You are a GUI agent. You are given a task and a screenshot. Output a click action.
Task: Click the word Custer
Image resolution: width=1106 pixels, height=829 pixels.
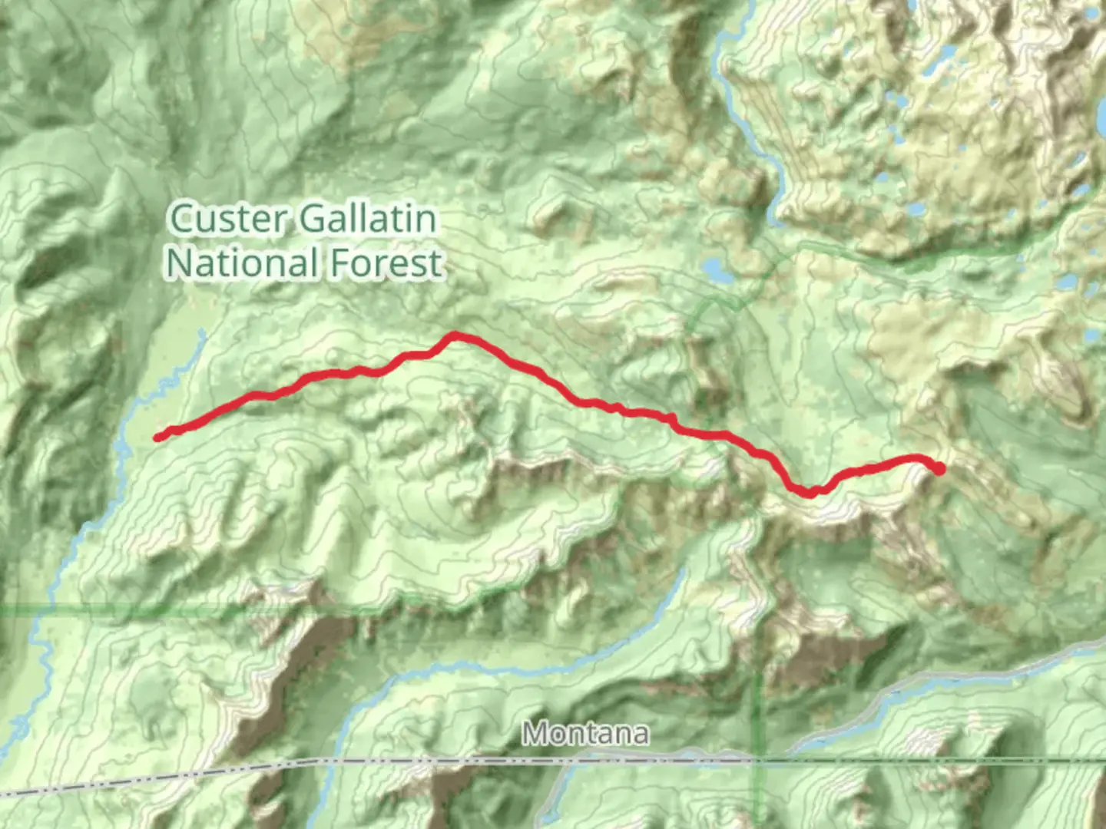[x=228, y=219]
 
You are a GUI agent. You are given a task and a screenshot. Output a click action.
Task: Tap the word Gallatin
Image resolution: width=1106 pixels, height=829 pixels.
[x=368, y=219]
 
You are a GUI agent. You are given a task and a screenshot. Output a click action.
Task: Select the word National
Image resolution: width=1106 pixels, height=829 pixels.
[x=242, y=263]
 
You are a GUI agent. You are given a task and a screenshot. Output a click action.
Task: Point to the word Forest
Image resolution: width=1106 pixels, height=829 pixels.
[x=387, y=263]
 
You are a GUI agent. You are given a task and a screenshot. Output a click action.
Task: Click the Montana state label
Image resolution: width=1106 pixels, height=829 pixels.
[x=585, y=734]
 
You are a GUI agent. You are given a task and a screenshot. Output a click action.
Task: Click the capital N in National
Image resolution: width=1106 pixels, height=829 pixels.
[x=180, y=263]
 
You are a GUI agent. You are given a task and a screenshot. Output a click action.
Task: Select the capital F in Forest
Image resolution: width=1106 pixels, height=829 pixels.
[x=339, y=263]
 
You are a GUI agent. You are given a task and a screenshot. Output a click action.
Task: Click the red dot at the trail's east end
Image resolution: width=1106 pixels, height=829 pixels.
[x=938, y=468]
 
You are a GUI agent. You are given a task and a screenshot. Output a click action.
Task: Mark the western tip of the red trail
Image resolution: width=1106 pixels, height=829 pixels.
[x=157, y=438]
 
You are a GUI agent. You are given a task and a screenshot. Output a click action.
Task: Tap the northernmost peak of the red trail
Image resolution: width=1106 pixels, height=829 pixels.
[x=455, y=335]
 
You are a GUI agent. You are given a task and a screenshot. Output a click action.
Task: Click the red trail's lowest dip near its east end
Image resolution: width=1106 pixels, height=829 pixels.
[x=809, y=493]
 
